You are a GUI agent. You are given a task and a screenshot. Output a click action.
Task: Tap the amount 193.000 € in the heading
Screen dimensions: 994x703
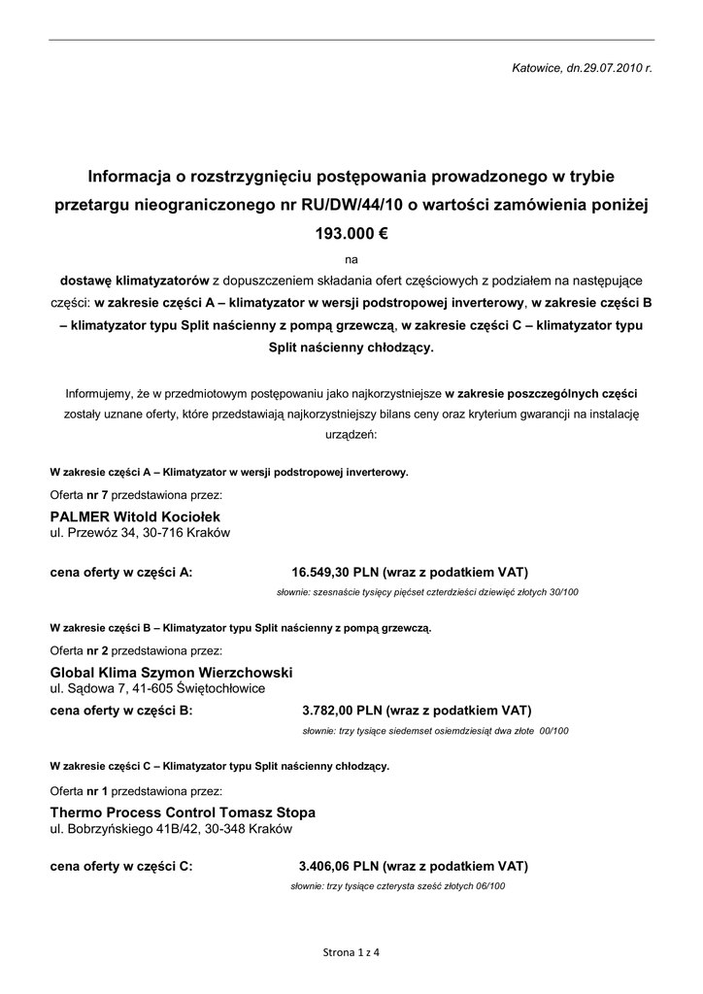coord(351,234)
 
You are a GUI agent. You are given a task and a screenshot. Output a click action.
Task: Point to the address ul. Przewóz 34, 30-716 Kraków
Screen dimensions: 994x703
coord(140,533)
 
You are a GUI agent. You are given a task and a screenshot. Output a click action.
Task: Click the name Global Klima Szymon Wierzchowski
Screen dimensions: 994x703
coord(171,672)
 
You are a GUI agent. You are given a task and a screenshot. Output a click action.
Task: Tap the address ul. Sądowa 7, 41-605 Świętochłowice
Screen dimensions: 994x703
coord(156,688)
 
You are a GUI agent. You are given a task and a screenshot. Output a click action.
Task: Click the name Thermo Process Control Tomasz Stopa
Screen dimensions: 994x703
coord(183,812)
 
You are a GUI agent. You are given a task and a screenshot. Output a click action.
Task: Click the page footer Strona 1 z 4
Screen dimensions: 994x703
coord(351,952)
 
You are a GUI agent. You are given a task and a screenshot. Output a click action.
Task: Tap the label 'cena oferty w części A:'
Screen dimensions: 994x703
coord(121,572)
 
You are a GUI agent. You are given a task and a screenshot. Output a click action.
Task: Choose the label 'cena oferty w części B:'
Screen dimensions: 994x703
coord(121,710)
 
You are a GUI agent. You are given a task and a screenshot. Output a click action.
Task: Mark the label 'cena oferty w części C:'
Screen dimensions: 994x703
coord(121,866)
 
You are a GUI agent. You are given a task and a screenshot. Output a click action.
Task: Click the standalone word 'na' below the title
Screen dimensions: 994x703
coord(351,260)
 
